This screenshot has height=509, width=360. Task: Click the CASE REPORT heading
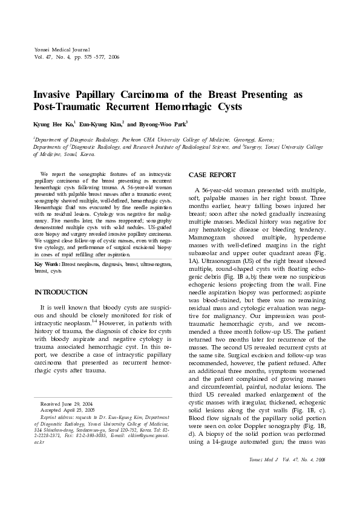click(x=212, y=175)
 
